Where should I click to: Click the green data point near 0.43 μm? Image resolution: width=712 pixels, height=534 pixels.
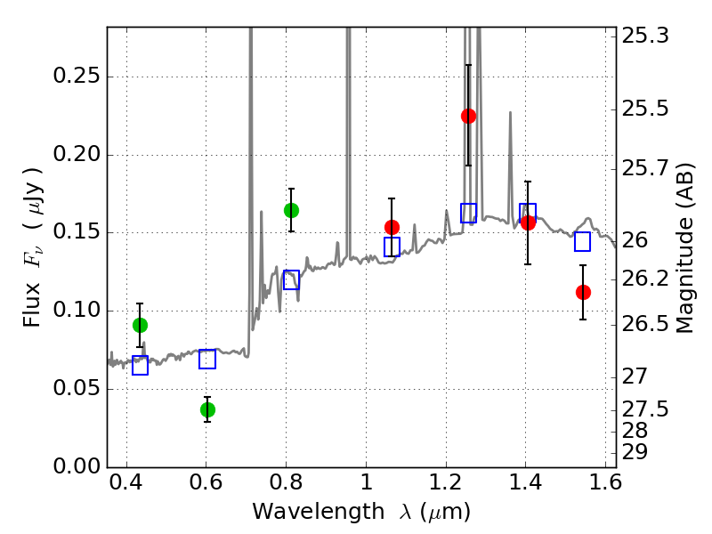point(140,325)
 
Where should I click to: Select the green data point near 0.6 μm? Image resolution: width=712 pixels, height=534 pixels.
point(207,409)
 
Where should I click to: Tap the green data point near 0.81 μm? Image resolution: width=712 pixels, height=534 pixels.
point(291,210)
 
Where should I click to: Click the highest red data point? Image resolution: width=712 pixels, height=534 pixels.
point(468,116)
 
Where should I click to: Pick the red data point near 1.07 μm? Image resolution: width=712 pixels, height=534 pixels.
point(392,227)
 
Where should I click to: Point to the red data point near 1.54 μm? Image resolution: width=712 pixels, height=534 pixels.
point(583,292)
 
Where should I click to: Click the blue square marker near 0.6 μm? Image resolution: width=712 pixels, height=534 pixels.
point(207,360)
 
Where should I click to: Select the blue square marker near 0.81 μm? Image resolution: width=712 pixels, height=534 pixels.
point(291,280)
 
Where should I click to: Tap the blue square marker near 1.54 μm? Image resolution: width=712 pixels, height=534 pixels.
point(583,241)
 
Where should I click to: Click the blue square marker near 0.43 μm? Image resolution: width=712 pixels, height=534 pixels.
point(140,366)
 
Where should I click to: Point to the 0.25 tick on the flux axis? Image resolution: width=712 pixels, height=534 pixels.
point(108,77)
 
